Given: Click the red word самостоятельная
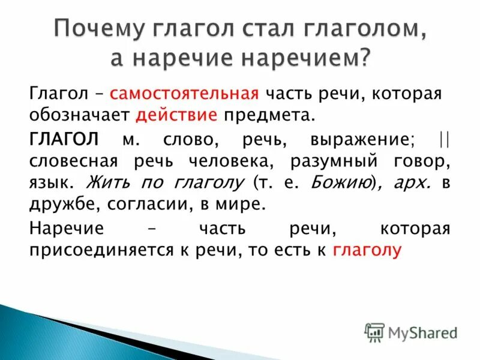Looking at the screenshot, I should pyautogui.click(x=184, y=94).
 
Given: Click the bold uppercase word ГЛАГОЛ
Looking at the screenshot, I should pyautogui.click(x=63, y=140).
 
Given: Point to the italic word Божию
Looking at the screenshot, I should pyautogui.click(x=337, y=182).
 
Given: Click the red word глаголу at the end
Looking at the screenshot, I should pyautogui.click(x=365, y=251).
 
